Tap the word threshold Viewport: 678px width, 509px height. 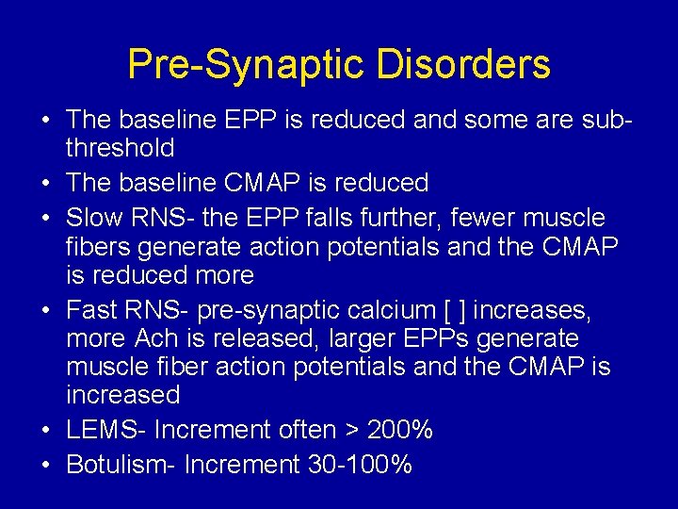tap(120, 148)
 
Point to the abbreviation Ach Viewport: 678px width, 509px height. tap(156, 338)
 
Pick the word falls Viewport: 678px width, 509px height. tap(357, 218)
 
